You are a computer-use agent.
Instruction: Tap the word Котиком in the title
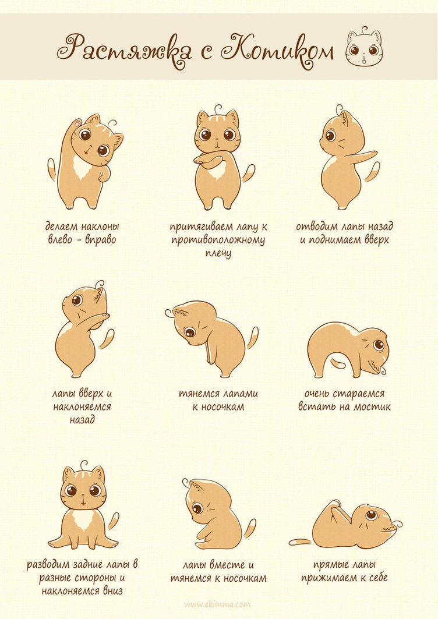pyautogui.click(x=277, y=47)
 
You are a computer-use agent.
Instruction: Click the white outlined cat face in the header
pyautogui.click(x=364, y=47)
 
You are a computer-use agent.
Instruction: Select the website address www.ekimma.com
pyautogui.click(x=217, y=604)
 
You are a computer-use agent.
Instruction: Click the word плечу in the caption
pyautogui.click(x=218, y=253)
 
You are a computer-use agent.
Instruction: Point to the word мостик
pyautogui.click(x=372, y=406)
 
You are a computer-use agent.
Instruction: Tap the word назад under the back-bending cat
pyautogui.click(x=82, y=419)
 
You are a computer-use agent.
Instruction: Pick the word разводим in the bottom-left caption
pyautogui.click(x=47, y=565)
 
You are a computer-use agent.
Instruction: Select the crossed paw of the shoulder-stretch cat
pyautogui.click(x=208, y=160)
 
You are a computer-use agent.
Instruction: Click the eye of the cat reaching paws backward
pyautogui.click(x=331, y=136)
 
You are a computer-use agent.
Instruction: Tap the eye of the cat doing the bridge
pyautogui.click(x=379, y=345)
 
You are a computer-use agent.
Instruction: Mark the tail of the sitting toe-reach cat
pyautogui.click(x=250, y=529)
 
